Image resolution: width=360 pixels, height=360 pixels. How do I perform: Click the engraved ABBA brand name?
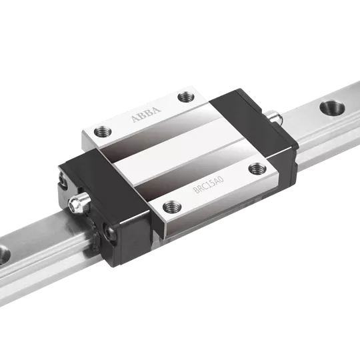click(x=146, y=114)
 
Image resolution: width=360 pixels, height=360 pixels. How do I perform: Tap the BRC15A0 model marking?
click(x=208, y=185)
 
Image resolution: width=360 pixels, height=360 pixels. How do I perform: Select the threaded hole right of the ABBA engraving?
click(x=187, y=97)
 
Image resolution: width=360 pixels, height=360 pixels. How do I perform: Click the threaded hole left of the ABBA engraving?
click(x=103, y=132)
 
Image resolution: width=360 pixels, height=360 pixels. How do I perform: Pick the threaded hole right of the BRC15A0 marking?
click(x=257, y=169)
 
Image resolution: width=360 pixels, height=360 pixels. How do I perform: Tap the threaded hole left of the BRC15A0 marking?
click(x=172, y=207)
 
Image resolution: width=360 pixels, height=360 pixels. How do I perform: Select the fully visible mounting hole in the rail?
click(x=332, y=107)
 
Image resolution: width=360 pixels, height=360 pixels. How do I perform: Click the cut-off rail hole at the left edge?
click(x=4, y=255)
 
